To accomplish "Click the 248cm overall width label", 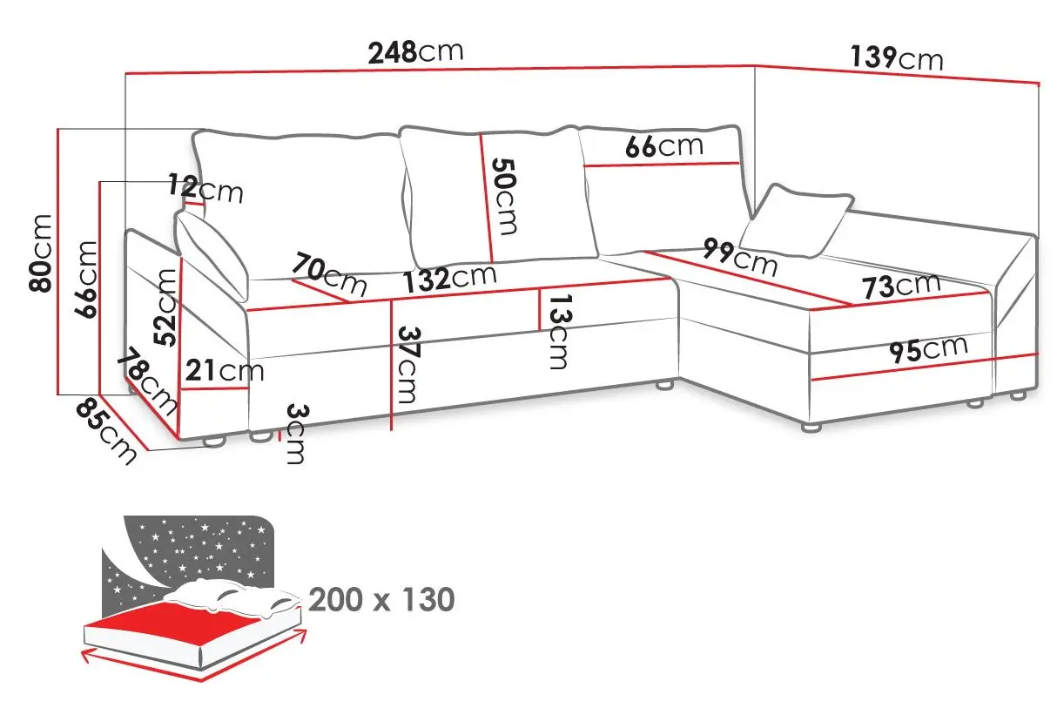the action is (x=415, y=52).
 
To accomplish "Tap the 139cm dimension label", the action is (x=897, y=58).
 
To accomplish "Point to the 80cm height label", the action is (x=40, y=253).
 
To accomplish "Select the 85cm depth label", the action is (x=105, y=431).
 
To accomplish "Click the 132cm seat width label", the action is (x=449, y=279).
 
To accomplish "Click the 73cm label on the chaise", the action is (x=901, y=286).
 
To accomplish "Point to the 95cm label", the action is (x=928, y=350).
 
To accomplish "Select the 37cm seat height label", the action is (x=408, y=365).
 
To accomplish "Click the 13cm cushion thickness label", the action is (x=560, y=331).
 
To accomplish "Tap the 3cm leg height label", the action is (x=296, y=434).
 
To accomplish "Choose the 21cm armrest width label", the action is (x=224, y=370).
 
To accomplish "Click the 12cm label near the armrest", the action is (x=205, y=188).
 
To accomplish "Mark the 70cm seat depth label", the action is (x=329, y=273).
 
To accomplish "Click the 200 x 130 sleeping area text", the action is (x=381, y=599).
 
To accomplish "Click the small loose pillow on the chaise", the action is (x=797, y=221).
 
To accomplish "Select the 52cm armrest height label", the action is (x=165, y=307).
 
